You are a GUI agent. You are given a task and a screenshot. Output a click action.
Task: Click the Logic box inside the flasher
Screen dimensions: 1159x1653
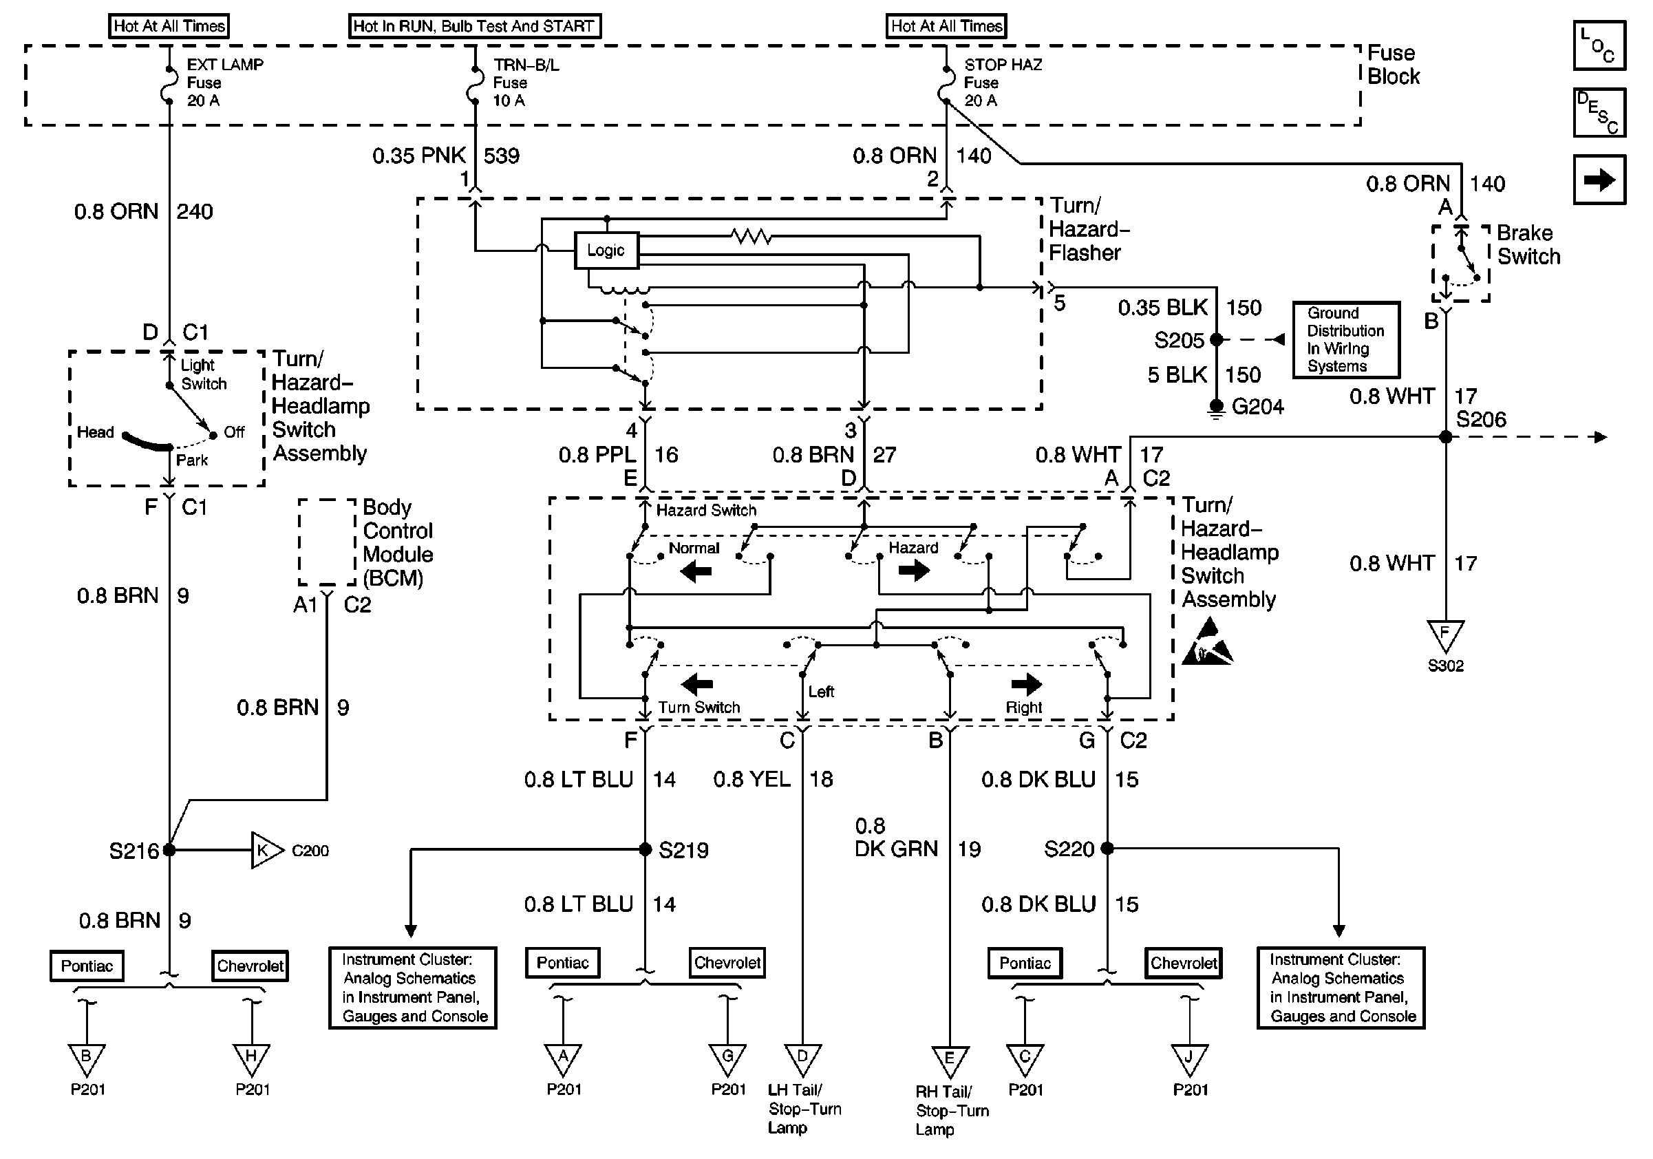click(x=606, y=251)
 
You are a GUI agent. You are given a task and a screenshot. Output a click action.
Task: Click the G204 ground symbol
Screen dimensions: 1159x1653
click(x=1216, y=408)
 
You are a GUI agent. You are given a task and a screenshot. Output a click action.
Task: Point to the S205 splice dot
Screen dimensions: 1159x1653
click(x=1216, y=339)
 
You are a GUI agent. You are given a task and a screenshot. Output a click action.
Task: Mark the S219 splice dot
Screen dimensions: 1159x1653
click(x=645, y=849)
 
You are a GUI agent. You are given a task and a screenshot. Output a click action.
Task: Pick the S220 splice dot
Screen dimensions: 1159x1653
click(x=1107, y=849)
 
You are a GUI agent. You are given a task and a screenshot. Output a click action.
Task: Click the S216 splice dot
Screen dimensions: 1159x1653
click(x=169, y=850)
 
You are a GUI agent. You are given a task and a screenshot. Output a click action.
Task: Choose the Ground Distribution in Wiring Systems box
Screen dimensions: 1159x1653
click(x=1345, y=340)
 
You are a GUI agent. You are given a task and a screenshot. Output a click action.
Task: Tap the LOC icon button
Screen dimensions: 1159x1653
click(x=1599, y=45)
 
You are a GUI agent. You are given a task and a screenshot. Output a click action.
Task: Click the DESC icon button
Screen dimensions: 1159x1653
click(x=1599, y=112)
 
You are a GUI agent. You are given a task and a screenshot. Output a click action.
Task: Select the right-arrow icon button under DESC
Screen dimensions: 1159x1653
click(x=1599, y=180)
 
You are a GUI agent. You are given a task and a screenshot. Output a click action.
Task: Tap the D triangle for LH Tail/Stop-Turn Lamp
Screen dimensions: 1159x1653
click(x=802, y=1059)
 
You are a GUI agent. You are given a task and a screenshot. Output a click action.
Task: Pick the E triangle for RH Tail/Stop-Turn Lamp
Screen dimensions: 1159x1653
click(x=950, y=1061)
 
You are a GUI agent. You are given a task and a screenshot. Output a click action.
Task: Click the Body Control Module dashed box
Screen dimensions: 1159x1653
click(x=328, y=542)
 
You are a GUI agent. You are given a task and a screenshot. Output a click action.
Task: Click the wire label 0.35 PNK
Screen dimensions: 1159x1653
click(x=419, y=156)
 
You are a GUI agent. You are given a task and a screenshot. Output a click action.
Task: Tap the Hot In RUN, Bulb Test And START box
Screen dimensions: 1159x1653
click(x=474, y=26)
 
